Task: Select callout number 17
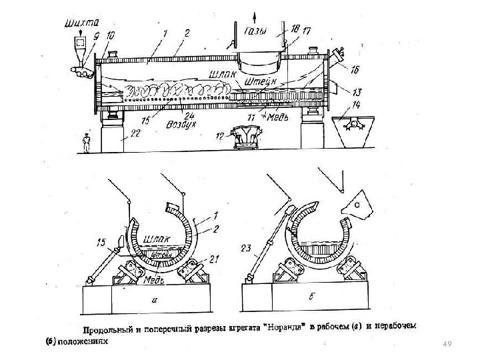click(307, 31)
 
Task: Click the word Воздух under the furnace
click(181, 124)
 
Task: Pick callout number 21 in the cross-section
click(214, 258)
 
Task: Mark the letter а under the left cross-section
click(154, 301)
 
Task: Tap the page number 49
click(447, 343)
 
